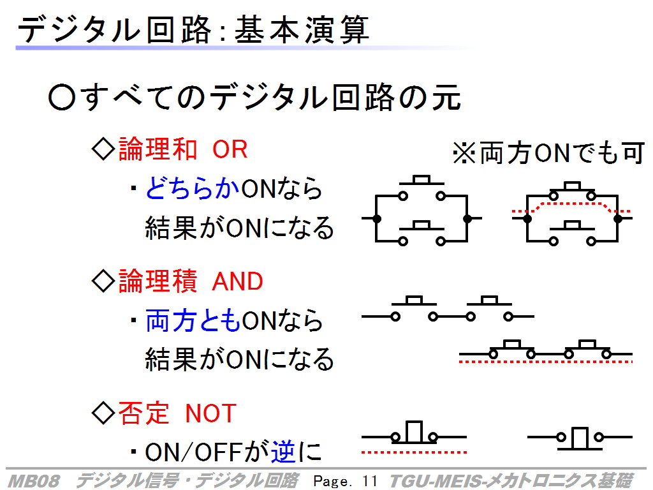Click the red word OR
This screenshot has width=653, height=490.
pyautogui.click(x=230, y=149)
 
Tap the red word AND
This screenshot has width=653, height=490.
pyautogui.click(x=237, y=281)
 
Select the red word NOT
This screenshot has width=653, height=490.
pyautogui.click(x=210, y=413)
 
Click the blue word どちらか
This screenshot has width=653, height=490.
pyautogui.click(x=193, y=188)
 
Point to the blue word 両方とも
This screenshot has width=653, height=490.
pyautogui.click(x=193, y=321)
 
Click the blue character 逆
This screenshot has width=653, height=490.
pyautogui.click(x=283, y=452)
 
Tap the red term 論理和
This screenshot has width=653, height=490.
pyautogui.click(x=158, y=149)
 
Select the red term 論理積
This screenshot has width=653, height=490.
pyautogui.click(x=158, y=281)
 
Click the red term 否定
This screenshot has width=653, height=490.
pyautogui.click(x=144, y=413)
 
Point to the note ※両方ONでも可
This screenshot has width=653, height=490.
pyautogui.click(x=549, y=153)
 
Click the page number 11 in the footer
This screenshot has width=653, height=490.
pyautogui.click(x=369, y=481)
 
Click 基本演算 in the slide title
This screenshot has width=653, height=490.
pyautogui.click(x=302, y=30)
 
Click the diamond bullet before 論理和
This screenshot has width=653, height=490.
pyautogui.click(x=103, y=149)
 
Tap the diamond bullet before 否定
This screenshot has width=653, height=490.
pyautogui.click(x=103, y=413)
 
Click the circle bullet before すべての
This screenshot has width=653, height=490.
pyautogui.click(x=62, y=98)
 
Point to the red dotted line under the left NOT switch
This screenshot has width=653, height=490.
pyautogui.click(x=414, y=452)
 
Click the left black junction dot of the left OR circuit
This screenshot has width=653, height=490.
pyautogui.click(x=376, y=218)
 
